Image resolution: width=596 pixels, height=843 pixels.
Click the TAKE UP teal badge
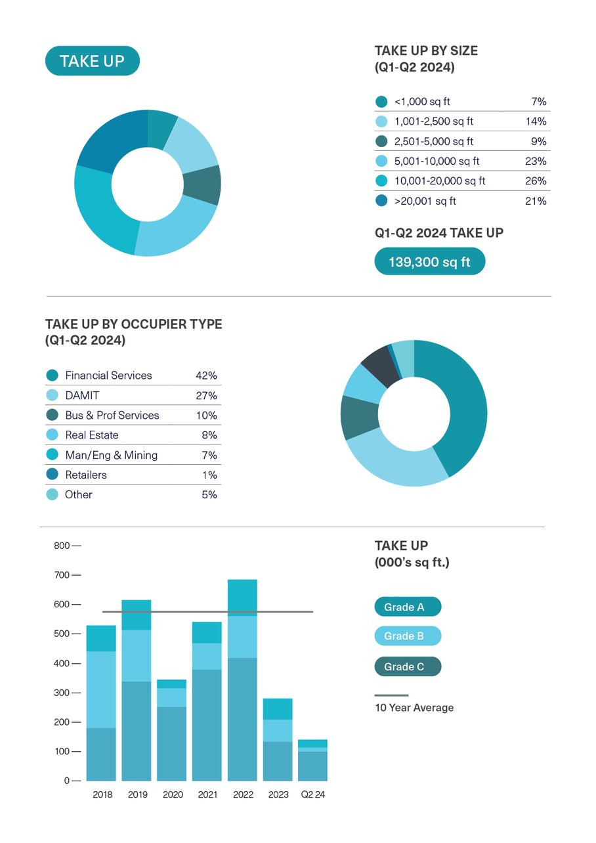(x=92, y=61)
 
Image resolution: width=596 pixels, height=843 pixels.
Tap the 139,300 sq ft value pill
(x=429, y=261)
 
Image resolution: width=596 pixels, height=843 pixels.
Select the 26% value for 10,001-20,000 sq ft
(x=536, y=181)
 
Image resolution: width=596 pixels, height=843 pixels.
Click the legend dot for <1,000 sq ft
(x=381, y=102)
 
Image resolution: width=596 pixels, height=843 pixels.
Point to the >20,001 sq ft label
(x=425, y=201)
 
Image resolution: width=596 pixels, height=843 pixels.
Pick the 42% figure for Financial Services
(x=206, y=376)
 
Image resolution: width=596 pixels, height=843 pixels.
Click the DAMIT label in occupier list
(x=82, y=395)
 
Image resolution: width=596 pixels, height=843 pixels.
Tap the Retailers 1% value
(x=209, y=475)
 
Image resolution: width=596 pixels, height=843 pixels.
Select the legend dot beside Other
(x=52, y=494)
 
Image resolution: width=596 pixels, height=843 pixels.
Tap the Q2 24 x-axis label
(x=313, y=794)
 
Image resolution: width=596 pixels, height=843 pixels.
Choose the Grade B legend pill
(x=408, y=636)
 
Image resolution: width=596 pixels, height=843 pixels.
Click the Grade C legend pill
(x=408, y=667)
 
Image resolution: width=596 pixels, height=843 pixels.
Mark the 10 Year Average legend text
(x=414, y=708)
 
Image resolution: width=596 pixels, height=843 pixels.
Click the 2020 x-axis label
(x=173, y=794)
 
